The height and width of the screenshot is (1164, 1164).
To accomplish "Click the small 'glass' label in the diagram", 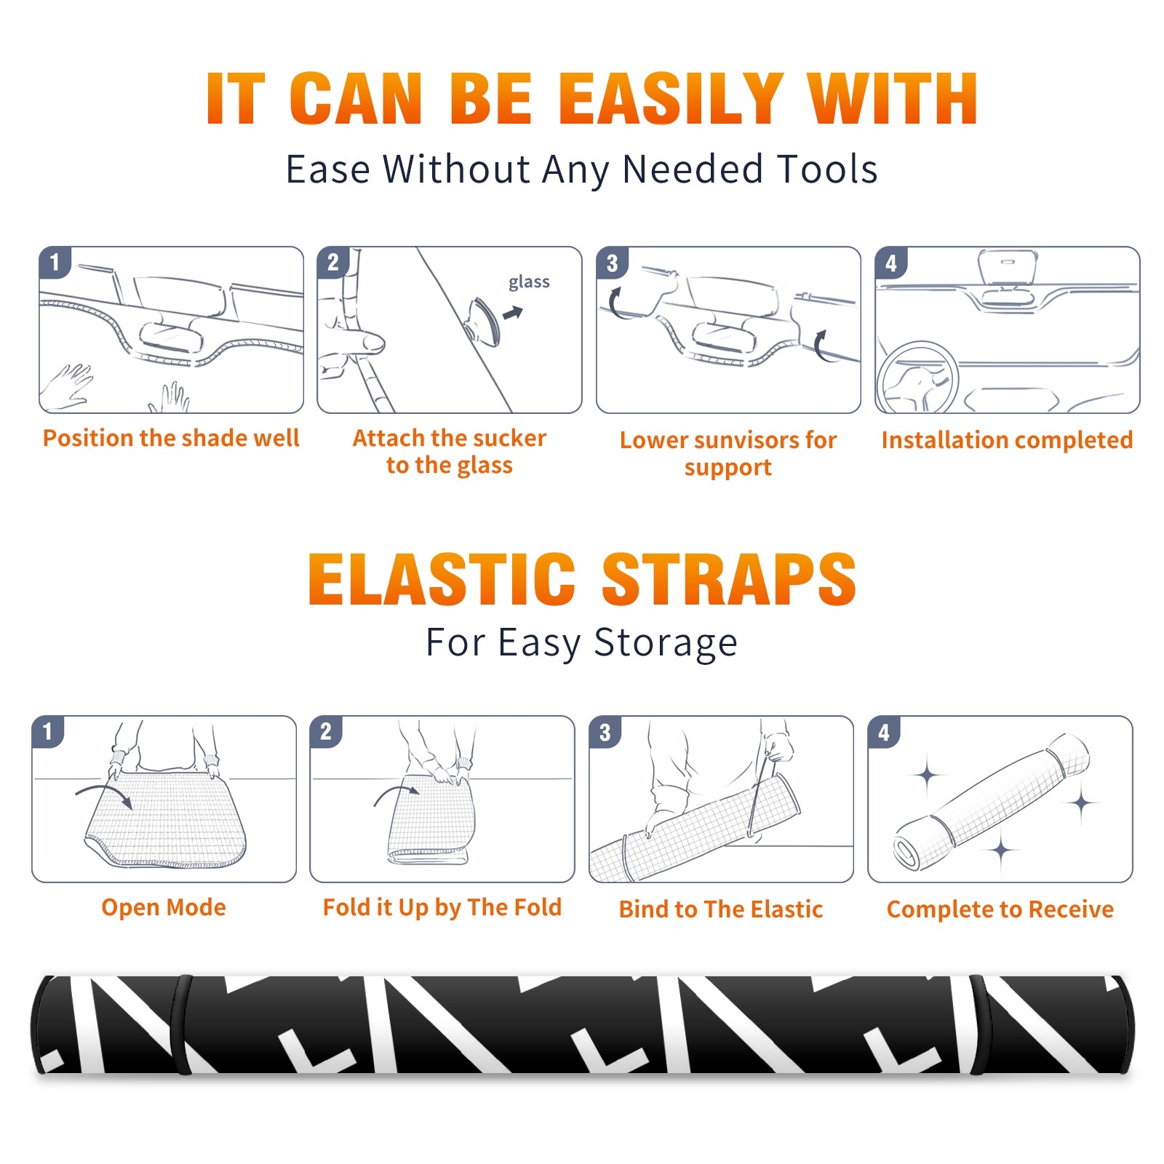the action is point(529,282).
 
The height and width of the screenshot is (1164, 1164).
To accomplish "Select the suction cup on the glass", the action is point(483,320).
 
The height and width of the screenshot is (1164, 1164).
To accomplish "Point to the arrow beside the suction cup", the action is point(513,313).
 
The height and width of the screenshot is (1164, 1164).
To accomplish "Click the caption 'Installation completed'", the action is point(1007,439).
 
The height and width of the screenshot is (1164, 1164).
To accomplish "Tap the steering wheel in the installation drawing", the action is point(917,378).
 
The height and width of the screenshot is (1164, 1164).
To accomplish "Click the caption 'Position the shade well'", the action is point(171,439).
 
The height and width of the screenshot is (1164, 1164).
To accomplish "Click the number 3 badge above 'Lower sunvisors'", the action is point(612,263).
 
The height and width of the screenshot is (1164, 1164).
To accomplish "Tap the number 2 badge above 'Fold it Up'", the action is point(325,732).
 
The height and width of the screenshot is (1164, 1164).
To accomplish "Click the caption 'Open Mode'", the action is point(164,908).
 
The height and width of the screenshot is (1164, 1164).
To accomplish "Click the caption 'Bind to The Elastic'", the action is point(721,909).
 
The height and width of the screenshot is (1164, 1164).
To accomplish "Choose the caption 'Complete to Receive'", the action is point(1000,909).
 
